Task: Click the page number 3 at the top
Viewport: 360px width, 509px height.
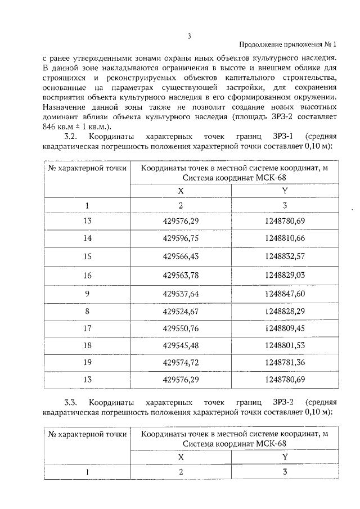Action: point(189,37)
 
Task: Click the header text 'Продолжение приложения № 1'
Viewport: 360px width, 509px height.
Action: point(287,45)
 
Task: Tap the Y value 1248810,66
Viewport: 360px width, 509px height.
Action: point(285,238)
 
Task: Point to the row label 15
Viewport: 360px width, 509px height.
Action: point(87,256)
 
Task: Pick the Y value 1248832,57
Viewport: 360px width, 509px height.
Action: point(285,256)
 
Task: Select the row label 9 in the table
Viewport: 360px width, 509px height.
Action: point(87,293)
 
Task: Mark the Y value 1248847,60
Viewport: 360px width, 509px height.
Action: point(285,293)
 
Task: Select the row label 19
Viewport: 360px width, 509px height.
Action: point(87,363)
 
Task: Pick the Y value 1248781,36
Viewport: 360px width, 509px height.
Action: point(285,363)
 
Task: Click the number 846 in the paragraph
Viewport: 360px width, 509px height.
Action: point(49,127)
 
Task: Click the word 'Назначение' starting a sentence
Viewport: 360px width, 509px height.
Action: point(62,107)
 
